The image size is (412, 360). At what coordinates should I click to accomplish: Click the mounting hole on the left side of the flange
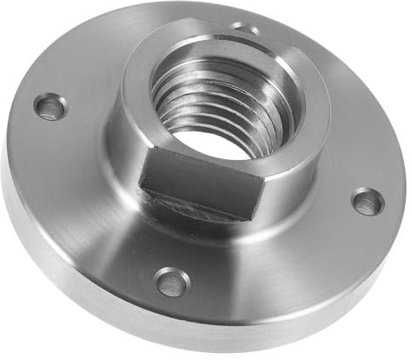click(50, 108)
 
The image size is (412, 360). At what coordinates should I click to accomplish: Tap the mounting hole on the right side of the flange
click(368, 202)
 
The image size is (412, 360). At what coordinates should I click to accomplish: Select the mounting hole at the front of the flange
click(171, 281)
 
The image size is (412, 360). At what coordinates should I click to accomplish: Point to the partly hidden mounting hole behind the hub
click(246, 30)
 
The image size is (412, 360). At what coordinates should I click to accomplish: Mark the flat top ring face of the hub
click(287, 74)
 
